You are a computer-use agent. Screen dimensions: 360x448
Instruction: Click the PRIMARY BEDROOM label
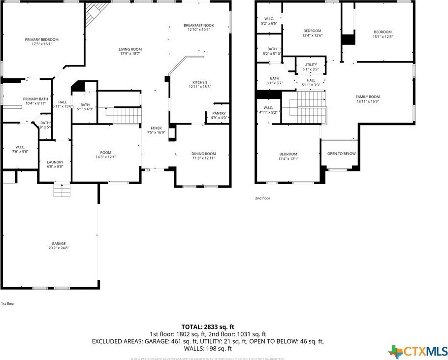pos(42,39)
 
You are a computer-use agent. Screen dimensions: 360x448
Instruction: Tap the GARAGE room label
pos(59,243)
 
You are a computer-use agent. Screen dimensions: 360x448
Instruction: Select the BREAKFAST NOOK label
pos(198,25)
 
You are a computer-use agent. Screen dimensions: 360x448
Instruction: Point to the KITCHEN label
pos(199,82)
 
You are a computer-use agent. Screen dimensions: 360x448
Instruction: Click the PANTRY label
pos(219,113)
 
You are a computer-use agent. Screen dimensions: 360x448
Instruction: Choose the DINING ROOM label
pos(203,154)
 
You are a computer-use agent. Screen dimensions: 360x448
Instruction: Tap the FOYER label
pos(156,128)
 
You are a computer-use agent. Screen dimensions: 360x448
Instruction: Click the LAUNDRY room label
pos(55,162)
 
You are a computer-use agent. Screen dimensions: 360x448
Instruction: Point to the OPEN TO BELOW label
pos(341,154)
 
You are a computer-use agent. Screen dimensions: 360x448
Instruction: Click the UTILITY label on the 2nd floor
pos(311,65)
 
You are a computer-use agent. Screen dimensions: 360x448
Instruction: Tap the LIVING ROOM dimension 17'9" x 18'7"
pos(130,54)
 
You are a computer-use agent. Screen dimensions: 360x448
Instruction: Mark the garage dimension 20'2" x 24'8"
pos(59,248)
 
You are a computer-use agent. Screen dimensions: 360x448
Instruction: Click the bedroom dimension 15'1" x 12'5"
pos(383,36)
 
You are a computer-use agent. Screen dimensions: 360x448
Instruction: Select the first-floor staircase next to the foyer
pos(128,116)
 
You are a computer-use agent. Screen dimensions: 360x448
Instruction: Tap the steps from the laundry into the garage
pos(62,190)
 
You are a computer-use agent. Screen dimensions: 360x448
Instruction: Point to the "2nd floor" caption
pos(262,198)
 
